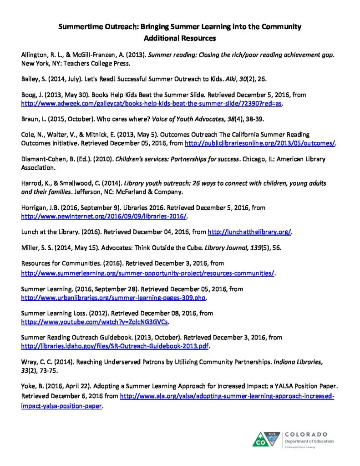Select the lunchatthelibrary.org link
[249, 232]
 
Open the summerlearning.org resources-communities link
[149, 274]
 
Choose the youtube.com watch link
[96, 322]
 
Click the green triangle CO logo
[264, 439]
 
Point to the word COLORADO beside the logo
[309, 435]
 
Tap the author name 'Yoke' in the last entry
[29, 387]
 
